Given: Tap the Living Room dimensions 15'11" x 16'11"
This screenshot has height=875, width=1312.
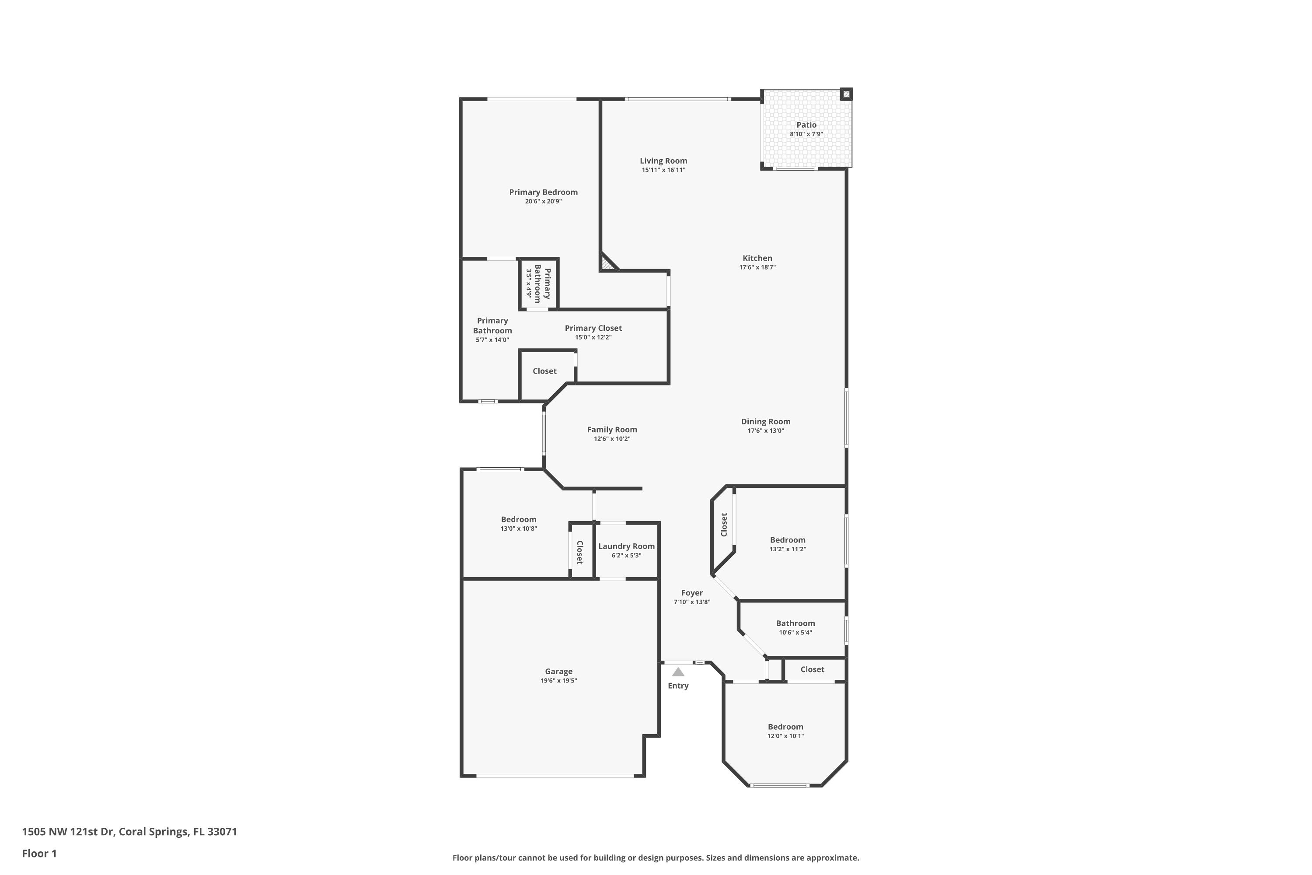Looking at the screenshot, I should coord(663,170).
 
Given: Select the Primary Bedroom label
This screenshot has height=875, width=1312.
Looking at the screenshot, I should coord(543,192).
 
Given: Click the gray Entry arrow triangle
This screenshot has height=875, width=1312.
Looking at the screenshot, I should coord(678,672).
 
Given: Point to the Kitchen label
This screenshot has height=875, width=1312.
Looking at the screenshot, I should coord(757,258).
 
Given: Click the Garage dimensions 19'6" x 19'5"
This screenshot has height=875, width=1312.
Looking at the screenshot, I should coord(558,681).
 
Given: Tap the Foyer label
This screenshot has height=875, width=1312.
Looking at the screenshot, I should coord(692,593).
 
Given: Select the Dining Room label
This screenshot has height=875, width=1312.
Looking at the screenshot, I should coord(765,421).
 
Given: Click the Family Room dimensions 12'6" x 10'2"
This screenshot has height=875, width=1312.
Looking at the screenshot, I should coord(612,439).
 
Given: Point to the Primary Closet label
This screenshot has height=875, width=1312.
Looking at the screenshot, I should coord(593,328).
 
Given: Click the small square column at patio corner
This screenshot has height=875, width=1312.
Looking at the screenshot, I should coord(846,94).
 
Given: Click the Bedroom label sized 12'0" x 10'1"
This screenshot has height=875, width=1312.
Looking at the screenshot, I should coord(785,727).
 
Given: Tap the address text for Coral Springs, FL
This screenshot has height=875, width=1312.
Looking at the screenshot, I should coord(129,832).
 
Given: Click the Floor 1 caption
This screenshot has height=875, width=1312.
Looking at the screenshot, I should coord(39,853).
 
